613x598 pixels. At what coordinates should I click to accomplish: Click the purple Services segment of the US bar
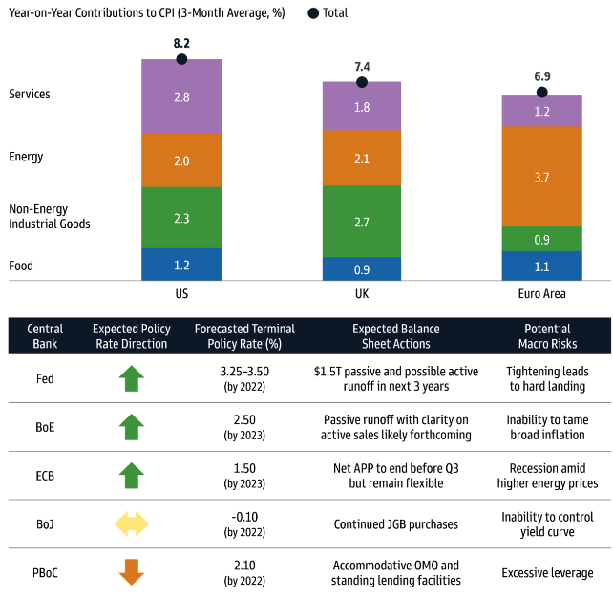pos(181,96)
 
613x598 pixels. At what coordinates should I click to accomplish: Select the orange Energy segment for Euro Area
pos(542,177)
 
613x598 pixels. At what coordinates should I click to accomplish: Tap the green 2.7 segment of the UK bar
pos(362,222)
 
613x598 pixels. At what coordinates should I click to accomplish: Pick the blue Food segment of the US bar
pos(181,264)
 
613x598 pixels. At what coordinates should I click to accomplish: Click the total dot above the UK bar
pos(362,82)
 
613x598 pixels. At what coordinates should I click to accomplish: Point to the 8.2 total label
pos(181,44)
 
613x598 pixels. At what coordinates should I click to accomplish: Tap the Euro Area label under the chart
pos(542,292)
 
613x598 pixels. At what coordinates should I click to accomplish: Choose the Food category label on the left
pos(21,266)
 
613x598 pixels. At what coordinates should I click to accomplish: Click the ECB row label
pos(45,475)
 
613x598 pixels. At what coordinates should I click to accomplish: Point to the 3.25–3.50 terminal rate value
pos(244,371)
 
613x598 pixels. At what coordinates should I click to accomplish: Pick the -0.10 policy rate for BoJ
pos(244,517)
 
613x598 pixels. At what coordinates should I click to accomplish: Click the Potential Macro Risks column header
pos(547,336)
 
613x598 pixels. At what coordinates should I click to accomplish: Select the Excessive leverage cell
pos(547,573)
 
